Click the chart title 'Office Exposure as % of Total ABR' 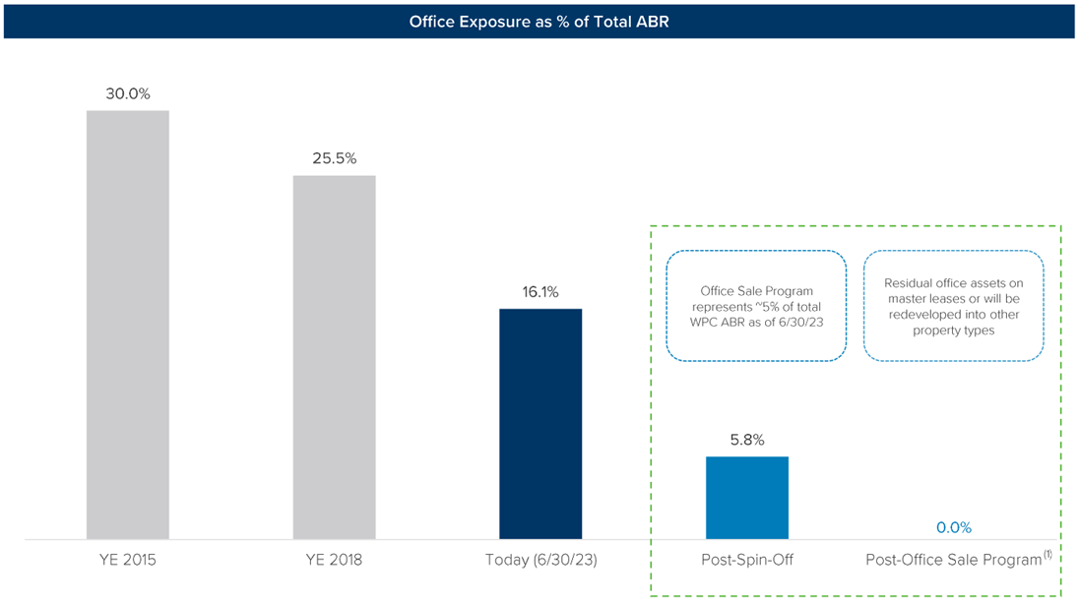point(539,21)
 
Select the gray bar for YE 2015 point(127,325)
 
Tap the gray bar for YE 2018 point(334,357)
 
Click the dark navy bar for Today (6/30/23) point(540,424)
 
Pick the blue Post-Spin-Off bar point(747,498)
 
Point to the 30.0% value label point(127,94)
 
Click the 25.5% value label point(334,158)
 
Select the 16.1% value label point(540,292)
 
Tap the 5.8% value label point(747,440)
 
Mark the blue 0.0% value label point(953,527)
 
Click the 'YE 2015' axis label point(127,560)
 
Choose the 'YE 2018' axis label point(334,560)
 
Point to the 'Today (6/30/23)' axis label point(540,560)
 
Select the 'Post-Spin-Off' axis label point(747,560)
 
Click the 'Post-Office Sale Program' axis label point(952,560)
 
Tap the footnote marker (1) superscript point(1047,554)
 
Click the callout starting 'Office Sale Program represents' point(756,307)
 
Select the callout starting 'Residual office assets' point(953,307)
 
